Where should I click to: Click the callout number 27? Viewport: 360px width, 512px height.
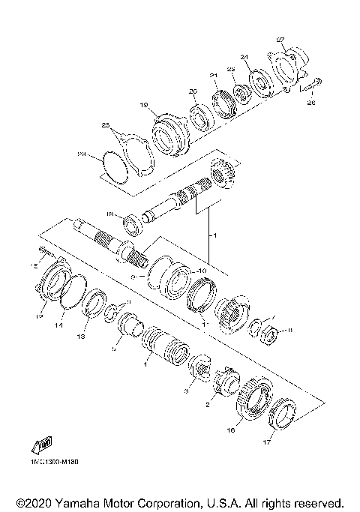[x=281, y=40]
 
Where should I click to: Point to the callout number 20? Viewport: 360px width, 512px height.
[x=193, y=91]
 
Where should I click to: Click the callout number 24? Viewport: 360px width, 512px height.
[x=244, y=57]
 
